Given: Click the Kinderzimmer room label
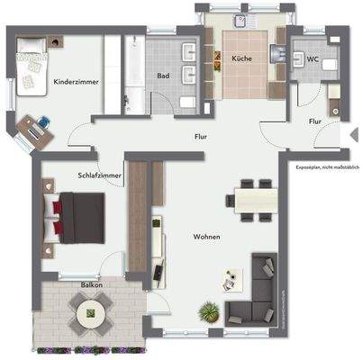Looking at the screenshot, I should point(76,81).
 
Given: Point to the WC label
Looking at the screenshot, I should point(313,61).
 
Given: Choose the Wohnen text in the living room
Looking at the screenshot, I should point(206,237).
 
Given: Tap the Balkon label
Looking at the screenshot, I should point(91,284).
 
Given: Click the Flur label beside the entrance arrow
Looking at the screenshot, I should point(315,120).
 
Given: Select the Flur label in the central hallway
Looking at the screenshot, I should point(201,137).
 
